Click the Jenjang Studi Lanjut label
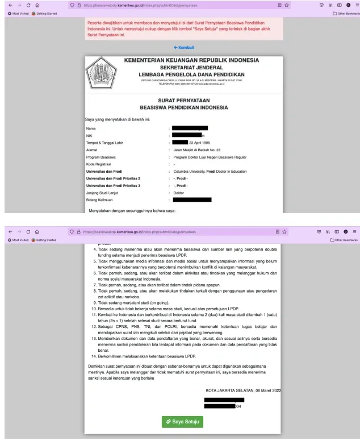pos(98,192)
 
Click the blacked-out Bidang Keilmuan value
pos(192,199)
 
